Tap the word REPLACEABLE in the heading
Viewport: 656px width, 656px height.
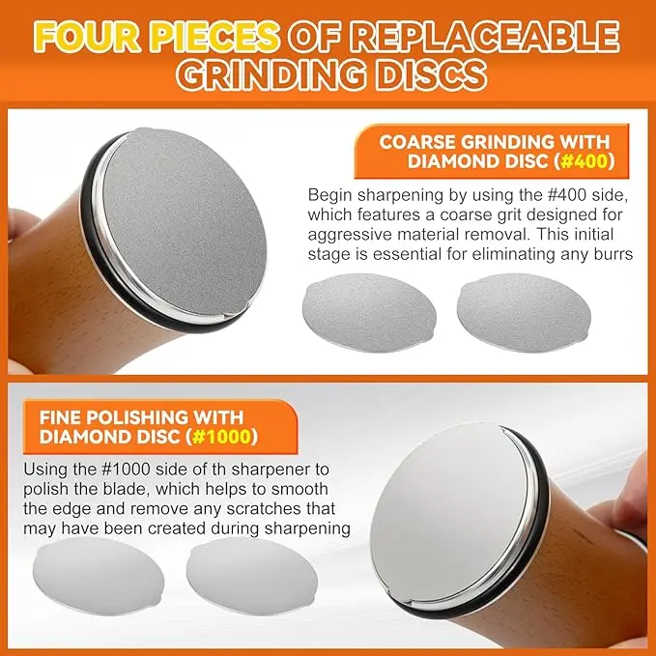[484, 38]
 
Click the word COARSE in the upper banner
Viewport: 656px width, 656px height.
[416, 142]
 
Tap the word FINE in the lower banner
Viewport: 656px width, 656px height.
[59, 417]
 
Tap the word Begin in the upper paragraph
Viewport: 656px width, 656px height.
[329, 196]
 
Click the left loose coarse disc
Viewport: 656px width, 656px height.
[369, 312]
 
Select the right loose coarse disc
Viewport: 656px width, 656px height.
[524, 312]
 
